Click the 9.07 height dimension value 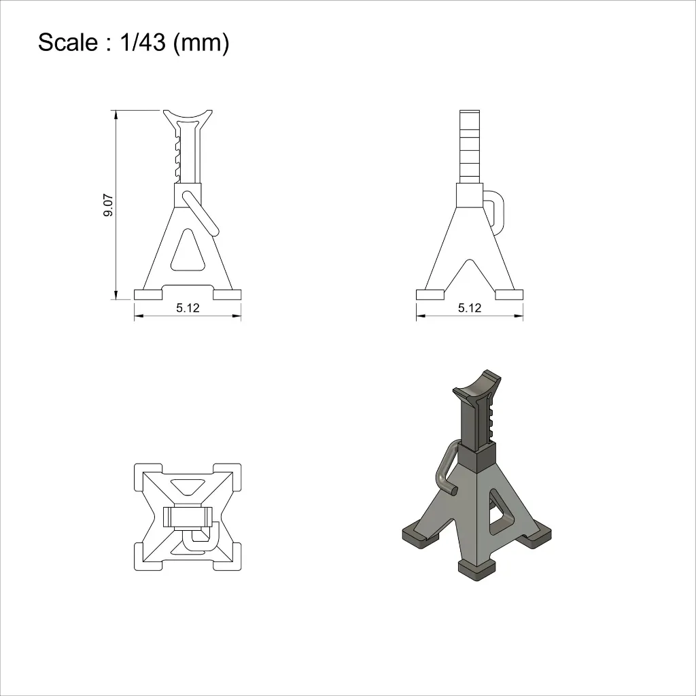click(x=108, y=205)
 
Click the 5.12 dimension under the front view click(x=188, y=308)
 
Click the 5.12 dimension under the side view click(x=470, y=308)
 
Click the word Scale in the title click(x=68, y=43)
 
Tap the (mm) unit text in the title click(x=201, y=43)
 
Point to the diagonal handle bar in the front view click(x=201, y=213)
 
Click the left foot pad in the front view click(x=147, y=294)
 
